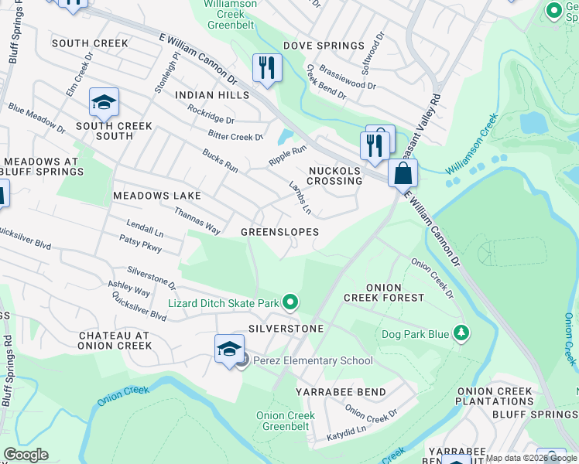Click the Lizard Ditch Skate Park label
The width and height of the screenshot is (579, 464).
224,304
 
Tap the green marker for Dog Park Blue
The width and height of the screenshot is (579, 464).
461,333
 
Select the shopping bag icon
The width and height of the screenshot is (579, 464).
403,173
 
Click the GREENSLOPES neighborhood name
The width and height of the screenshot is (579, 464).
279,232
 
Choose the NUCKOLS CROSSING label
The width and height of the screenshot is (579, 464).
334,176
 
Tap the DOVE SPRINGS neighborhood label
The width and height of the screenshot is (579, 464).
324,46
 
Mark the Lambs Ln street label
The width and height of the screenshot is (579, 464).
300,196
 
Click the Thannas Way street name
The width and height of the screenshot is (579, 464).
197,220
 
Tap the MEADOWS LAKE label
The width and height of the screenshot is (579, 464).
157,196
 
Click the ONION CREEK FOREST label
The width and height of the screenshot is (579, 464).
384,292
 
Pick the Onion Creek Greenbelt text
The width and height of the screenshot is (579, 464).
286,421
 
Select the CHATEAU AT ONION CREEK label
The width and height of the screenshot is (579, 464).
115,340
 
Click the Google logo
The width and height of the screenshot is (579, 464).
26,455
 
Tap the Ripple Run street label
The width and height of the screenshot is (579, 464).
287,154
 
